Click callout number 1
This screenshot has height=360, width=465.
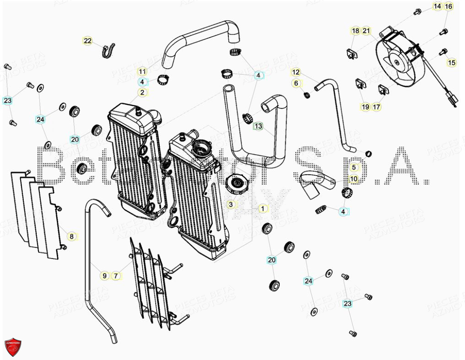point(262,209)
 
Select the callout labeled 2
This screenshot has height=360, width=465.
point(142,93)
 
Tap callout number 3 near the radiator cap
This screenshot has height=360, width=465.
point(231,204)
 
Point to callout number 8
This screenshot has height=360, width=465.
point(71,236)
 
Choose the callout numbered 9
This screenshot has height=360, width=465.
point(104,276)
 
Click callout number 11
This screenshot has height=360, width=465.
point(142,71)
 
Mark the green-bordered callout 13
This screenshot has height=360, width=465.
point(258,126)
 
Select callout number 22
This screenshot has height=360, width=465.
point(88,41)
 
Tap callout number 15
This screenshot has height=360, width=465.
point(452,63)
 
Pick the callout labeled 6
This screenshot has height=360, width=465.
point(296,83)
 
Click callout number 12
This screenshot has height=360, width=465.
point(296,72)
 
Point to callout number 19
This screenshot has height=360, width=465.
point(365,107)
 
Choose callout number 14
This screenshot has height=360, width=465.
point(438,6)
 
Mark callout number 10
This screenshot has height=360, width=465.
point(354,179)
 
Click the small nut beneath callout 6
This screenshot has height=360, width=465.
point(307,95)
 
